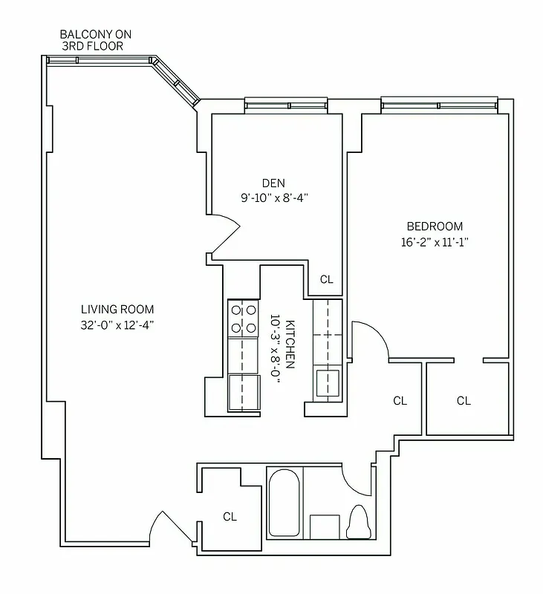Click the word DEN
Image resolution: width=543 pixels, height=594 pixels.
pyautogui.click(x=273, y=183)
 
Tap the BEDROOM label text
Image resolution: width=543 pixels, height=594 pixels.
pyautogui.click(x=434, y=226)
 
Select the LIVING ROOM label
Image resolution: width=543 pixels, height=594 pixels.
pyautogui.click(x=117, y=310)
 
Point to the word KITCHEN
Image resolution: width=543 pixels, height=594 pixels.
pyautogui.click(x=290, y=345)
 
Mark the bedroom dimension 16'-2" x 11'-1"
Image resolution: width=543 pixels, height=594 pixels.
pyautogui.click(x=434, y=241)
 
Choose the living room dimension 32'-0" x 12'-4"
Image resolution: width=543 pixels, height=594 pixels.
pyautogui.click(x=117, y=324)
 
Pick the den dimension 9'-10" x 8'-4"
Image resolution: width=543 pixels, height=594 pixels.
pyautogui.click(x=273, y=198)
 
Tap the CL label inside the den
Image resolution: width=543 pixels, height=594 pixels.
pyautogui.click(x=326, y=280)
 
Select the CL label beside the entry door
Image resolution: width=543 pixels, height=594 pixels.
pyautogui.click(x=230, y=517)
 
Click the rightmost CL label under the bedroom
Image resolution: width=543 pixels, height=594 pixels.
pyautogui.click(x=464, y=401)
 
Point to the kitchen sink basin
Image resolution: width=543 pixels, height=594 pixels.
pyautogui.click(x=326, y=382)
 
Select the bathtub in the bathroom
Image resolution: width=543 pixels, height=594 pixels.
pyautogui.click(x=283, y=504)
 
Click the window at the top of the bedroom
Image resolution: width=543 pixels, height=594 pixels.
pyautogui.click(x=438, y=103)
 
